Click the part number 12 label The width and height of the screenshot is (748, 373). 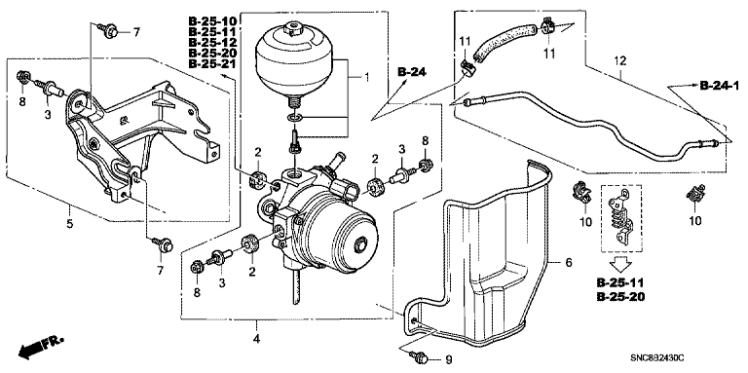[x=620, y=61]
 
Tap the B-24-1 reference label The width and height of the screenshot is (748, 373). [x=720, y=87]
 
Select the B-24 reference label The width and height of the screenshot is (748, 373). [x=412, y=72]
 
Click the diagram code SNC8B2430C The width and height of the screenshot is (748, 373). [x=657, y=357]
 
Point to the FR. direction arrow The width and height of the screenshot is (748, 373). [x=40, y=347]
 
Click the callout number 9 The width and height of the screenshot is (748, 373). [x=447, y=359]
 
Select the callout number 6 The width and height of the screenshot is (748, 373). [x=568, y=262]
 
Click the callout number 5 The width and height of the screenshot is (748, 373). [x=70, y=223]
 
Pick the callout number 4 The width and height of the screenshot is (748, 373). [x=256, y=339]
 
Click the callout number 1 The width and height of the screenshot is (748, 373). [x=366, y=77]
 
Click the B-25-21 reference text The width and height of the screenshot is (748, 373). [x=212, y=64]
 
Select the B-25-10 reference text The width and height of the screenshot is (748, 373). [x=212, y=20]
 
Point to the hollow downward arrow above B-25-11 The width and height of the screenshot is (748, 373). [x=619, y=262]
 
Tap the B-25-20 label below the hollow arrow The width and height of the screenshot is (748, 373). [x=620, y=297]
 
